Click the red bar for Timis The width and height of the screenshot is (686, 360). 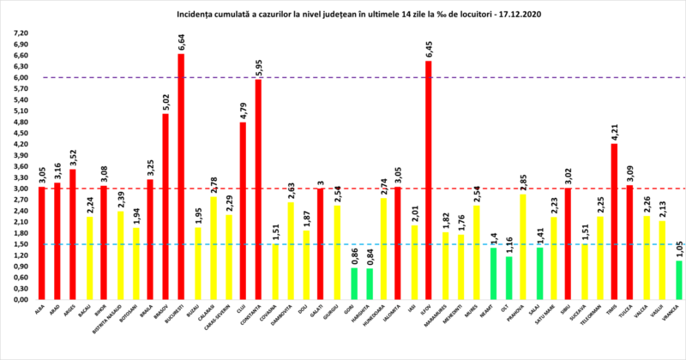613,222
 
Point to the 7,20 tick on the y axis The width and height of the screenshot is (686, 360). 19,33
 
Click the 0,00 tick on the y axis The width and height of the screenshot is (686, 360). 19,300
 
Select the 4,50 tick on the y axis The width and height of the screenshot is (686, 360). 19,133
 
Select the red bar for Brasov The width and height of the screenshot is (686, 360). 165,207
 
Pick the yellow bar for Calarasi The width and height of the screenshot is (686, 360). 212,249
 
